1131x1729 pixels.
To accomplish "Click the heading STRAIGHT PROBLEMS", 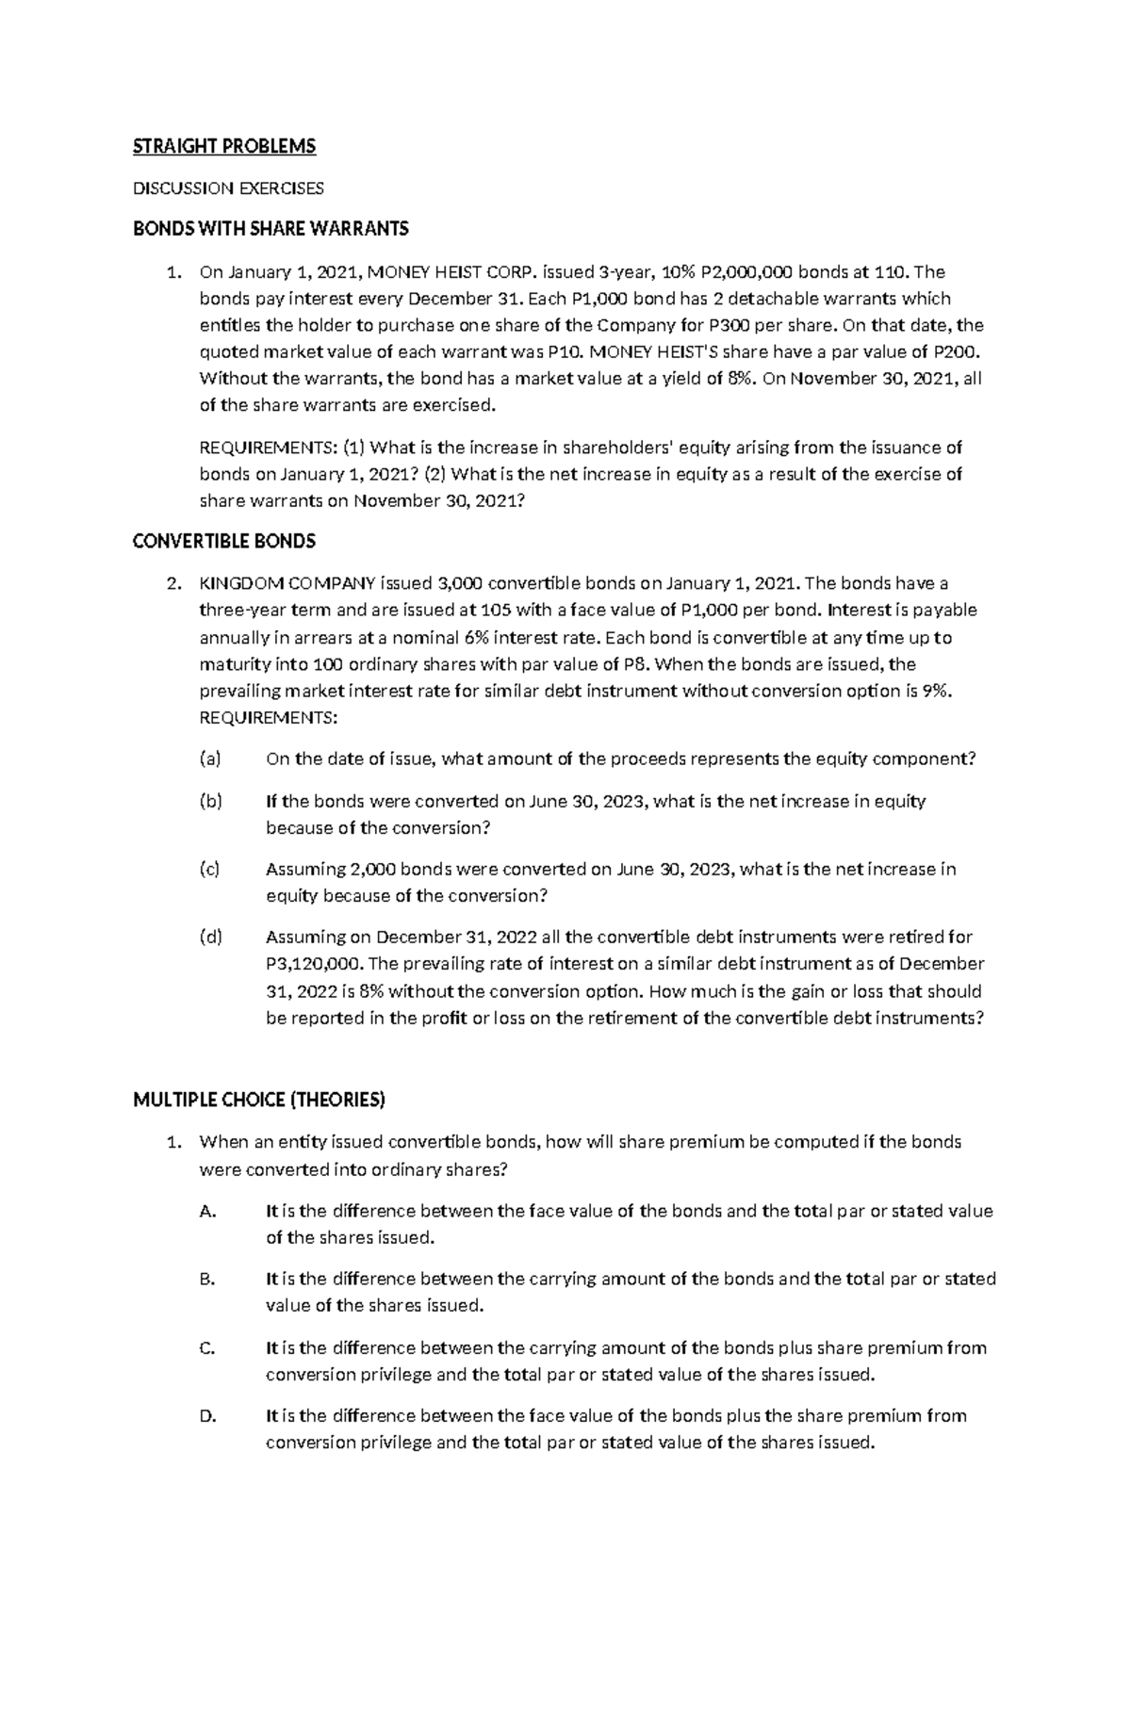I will pyautogui.click(x=224, y=146).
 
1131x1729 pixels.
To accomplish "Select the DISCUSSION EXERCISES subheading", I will pyautogui.click(x=228, y=188).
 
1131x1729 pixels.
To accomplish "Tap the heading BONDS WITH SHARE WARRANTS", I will pyautogui.click(x=270, y=228).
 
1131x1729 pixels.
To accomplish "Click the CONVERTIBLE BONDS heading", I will pyautogui.click(x=224, y=541).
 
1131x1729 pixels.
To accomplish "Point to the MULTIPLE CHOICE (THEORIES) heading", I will pyautogui.click(x=259, y=1100).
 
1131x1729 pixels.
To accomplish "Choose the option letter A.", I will pyautogui.click(x=208, y=1211).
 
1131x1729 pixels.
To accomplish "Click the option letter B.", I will pyautogui.click(x=208, y=1279).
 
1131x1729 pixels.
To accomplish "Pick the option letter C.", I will pyautogui.click(x=208, y=1347).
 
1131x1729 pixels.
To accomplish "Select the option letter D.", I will pyautogui.click(x=208, y=1415).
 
